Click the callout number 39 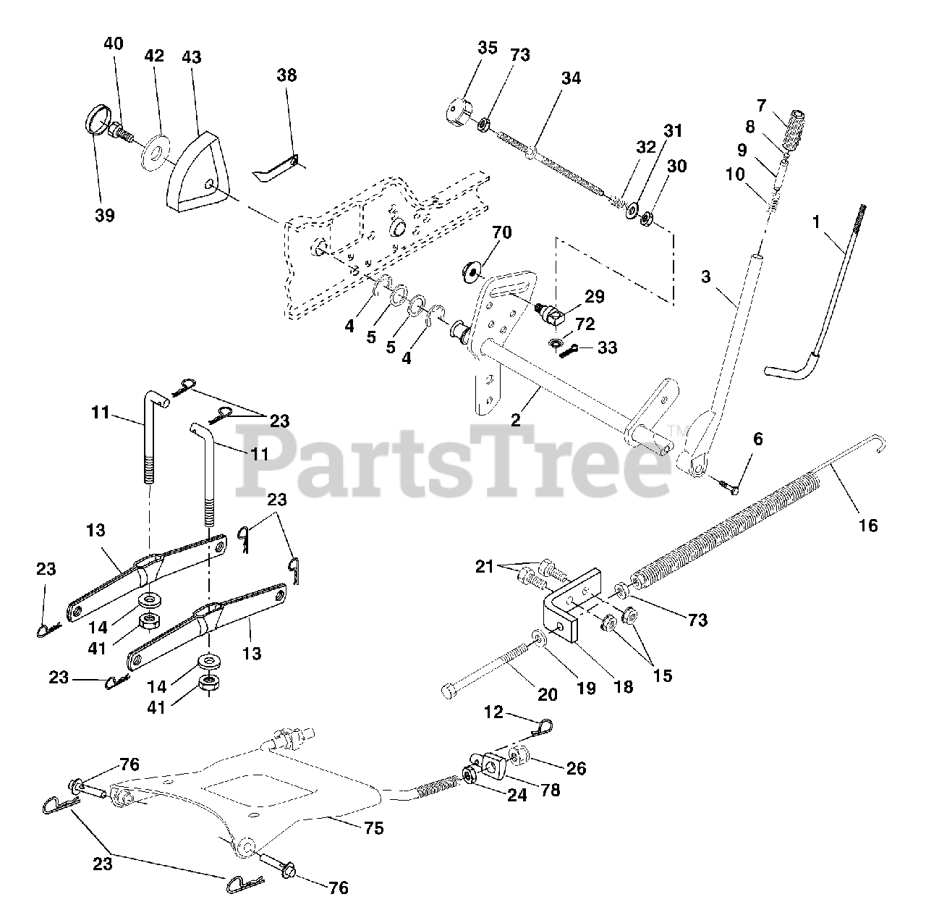point(105,215)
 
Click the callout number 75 point(373,828)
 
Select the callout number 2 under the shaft point(514,420)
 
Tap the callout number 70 point(501,233)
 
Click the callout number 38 point(286,75)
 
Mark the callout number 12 point(493,712)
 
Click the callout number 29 point(595,296)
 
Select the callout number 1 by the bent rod point(816,222)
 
